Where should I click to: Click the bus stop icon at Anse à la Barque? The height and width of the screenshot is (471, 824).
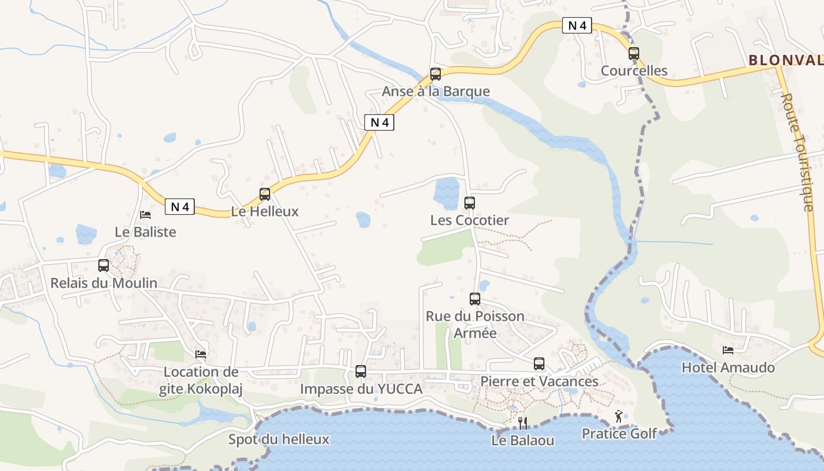point(436,74)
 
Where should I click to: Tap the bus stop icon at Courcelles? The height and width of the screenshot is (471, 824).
point(634,54)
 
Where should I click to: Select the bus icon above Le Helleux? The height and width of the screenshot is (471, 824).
point(265,194)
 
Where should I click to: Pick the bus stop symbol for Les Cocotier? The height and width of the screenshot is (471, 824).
point(469,203)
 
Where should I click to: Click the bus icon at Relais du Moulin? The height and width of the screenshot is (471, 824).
point(104,266)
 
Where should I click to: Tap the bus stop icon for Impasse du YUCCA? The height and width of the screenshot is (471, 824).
point(361,372)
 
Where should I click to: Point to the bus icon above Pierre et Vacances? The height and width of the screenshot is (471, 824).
point(539,364)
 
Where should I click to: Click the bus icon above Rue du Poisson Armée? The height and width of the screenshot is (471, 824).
point(475,299)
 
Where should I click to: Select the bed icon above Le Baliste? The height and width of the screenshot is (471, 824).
point(145,215)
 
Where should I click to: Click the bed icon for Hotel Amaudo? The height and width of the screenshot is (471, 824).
point(728,350)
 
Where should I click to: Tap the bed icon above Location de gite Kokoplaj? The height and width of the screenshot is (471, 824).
point(201,354)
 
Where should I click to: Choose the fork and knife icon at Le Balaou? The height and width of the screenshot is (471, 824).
point(523,423)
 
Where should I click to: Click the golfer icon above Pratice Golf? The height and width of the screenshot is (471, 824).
point(619,417)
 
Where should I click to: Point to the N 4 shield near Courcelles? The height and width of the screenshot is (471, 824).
point(577,26)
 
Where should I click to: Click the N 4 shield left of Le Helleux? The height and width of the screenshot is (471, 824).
point(180,207)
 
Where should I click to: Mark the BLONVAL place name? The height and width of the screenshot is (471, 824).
point(786,60)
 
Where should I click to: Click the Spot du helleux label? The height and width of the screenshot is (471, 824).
point(278,439)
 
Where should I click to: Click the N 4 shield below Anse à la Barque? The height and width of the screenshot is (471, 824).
point(379,122)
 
